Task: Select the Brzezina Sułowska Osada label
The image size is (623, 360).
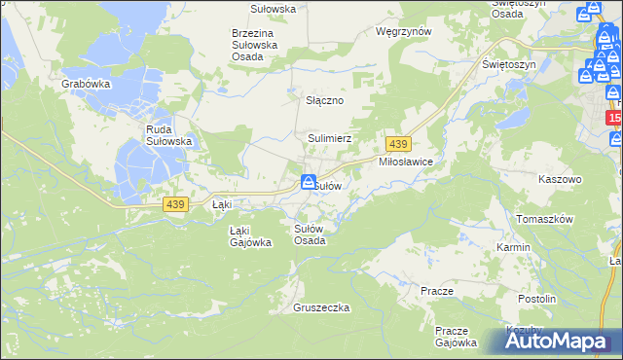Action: click(x=255, y=45)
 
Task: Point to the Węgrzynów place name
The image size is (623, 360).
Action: click(x=403, y=31)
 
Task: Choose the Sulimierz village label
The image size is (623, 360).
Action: click(x=329, y=139)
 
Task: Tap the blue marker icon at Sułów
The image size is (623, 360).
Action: click(x=308, y=182)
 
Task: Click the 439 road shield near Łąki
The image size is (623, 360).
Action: click(x=175, y=203)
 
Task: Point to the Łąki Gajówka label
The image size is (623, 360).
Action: click(x=250, y=236)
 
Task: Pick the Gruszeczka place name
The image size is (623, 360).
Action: click(x=320, y=307)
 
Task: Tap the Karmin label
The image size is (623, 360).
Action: click(x=513, y=247)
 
